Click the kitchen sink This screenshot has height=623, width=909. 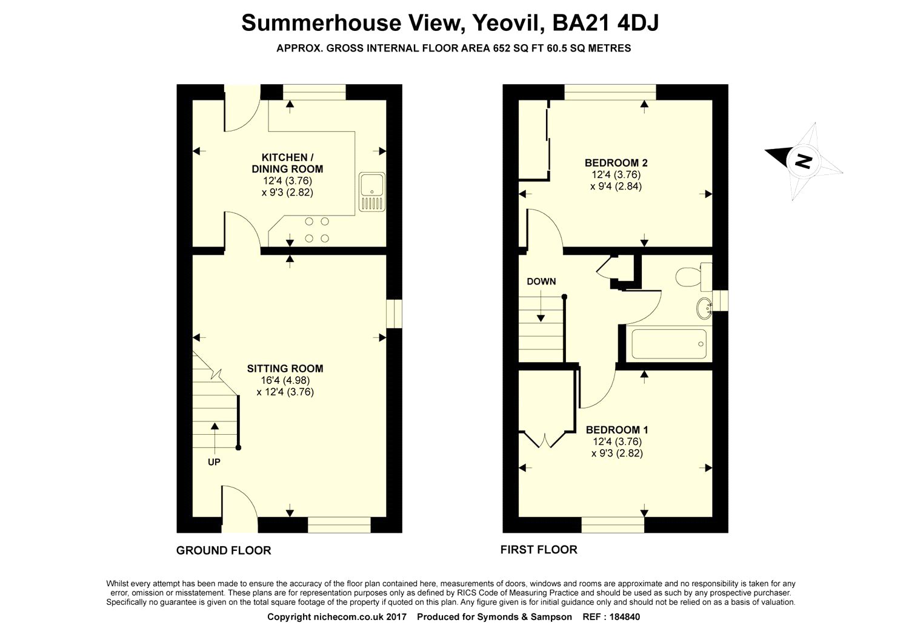tap(372, 192)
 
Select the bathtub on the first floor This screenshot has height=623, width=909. tap(669, 344)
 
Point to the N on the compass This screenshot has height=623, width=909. tap(803, 160)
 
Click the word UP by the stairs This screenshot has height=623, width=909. tap(214, 462)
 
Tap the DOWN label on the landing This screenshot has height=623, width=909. tap(541, 282)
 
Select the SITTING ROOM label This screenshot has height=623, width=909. tap(285, 369)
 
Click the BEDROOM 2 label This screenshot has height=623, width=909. tap(616, 163)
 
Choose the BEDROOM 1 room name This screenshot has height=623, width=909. tap(617, 430)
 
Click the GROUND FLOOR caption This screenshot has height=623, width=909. tap(224, 550)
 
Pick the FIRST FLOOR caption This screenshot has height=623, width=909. tap(539, 550)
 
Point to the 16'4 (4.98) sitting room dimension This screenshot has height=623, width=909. tap(285, 380)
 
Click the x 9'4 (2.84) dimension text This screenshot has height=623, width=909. tap(616, 186)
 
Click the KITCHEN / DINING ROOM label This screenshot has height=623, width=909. tap(287, 163)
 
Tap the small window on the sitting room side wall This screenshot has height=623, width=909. tap(394, 314)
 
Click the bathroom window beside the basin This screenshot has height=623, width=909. tap(721, 300)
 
